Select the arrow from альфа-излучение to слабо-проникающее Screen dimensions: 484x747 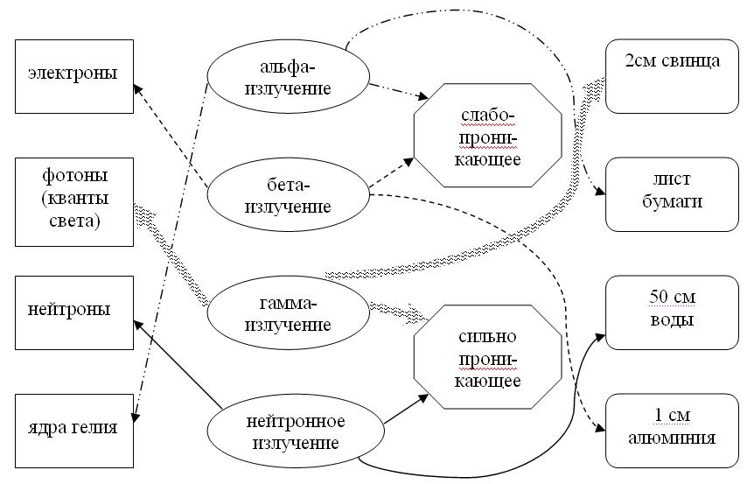(x=398, y=90)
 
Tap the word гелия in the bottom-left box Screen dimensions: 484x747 (x=96, y=430)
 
